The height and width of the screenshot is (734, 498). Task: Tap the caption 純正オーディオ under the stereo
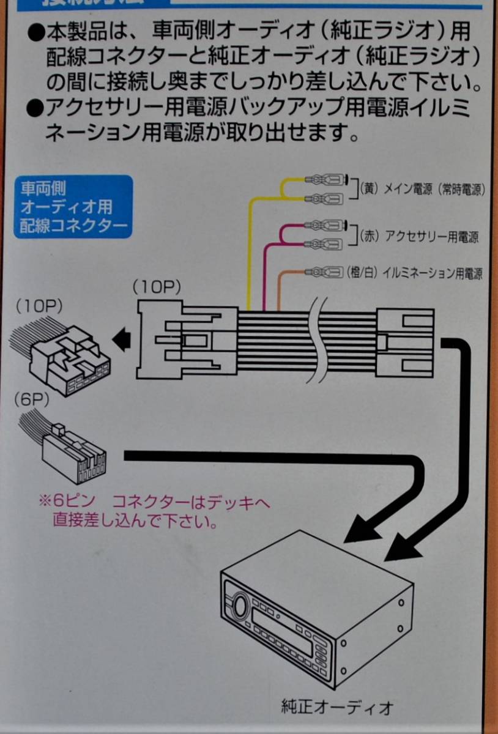(336, 708)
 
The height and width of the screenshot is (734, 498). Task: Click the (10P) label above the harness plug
(156, 287)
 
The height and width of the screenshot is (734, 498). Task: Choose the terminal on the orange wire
(324, 270)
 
